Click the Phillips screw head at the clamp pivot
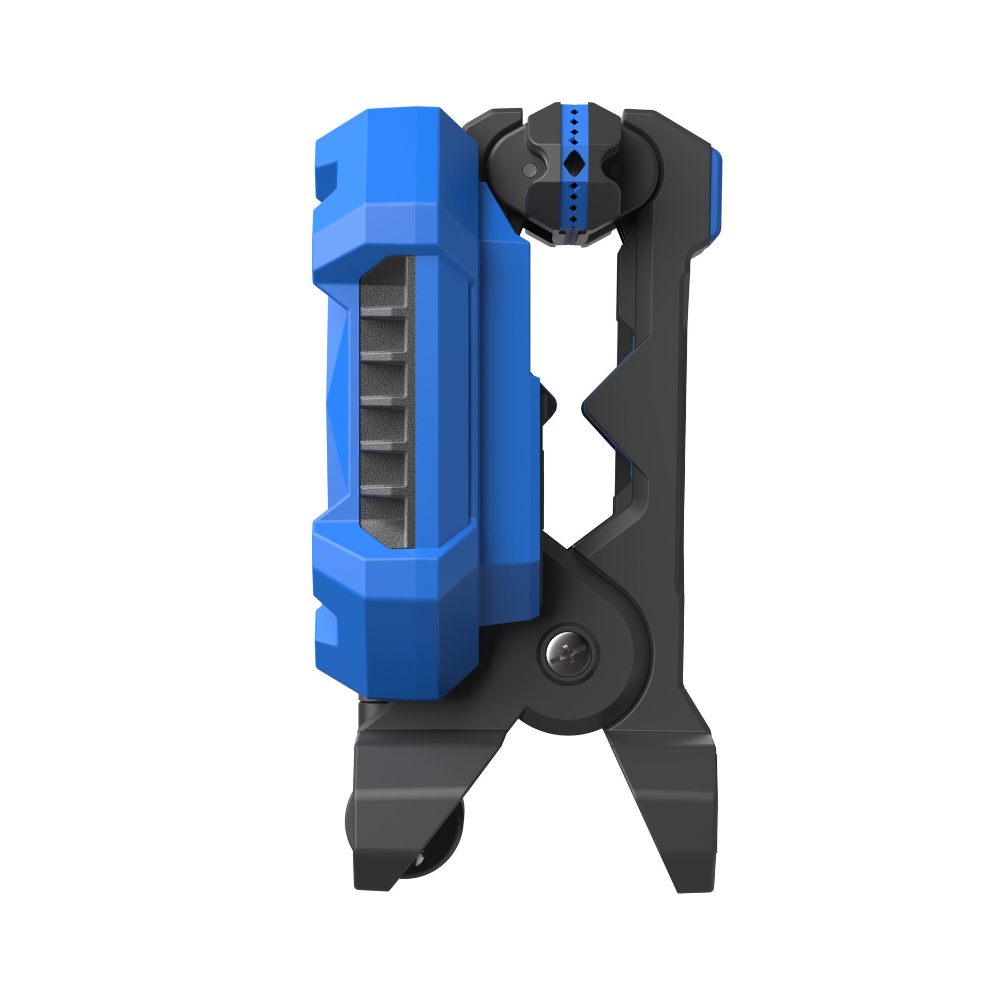pos(568,650)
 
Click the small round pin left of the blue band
pos(528,169)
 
